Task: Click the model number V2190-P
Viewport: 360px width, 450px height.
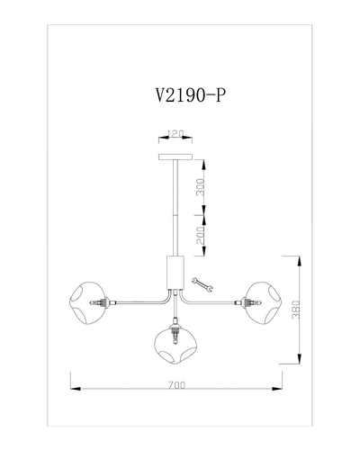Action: (x=190, y=95)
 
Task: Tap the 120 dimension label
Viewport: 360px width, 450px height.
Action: (x=175, y=134)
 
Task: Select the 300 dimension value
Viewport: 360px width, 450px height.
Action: (x=201, y=187)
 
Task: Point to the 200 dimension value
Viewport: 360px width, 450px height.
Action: (x=201, y=235)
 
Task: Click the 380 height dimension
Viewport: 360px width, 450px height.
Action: (x=296, y=310)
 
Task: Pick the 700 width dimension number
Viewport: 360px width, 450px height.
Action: (x=176, y=385)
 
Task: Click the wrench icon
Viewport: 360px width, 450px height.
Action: (x=202, y=284)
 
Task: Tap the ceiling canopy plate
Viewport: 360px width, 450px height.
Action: (x=175, y=157)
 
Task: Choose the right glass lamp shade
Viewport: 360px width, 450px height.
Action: (x=264, y=302)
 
